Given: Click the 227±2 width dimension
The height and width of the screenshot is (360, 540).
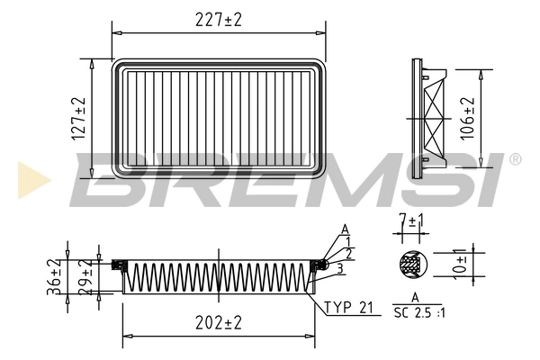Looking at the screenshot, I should coord(220,19).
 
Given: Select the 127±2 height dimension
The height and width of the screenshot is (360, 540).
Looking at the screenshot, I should coord(79,118).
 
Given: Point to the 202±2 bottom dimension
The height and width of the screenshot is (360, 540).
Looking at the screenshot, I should coord(219,321).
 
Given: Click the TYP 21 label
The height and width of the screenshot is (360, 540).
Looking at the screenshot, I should coord(347,308).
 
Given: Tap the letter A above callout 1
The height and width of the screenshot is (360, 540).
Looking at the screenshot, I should coord(345,229).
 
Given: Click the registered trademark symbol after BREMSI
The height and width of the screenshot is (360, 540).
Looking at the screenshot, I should coord(515,159).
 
